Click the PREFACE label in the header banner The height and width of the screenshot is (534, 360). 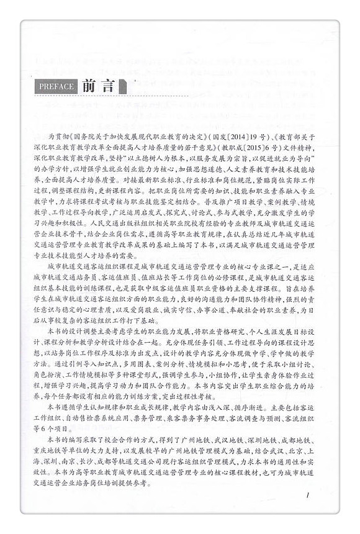(x=56, y=86)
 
